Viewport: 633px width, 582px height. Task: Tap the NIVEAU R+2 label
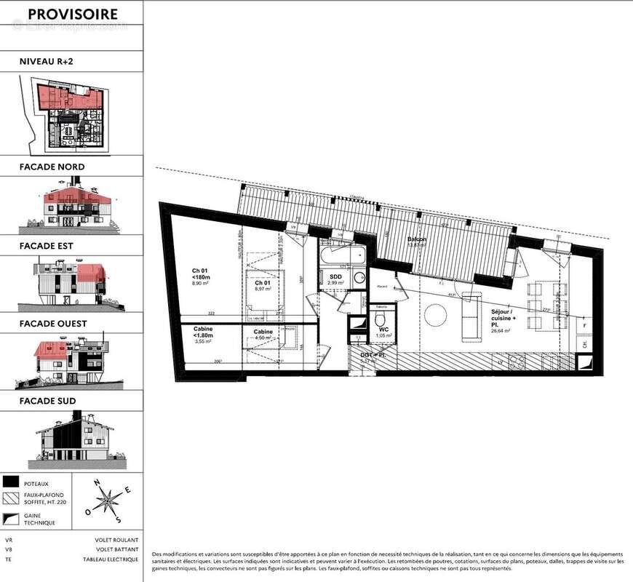click(x=47, y=63)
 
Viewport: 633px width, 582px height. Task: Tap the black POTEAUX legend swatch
click(x=11, y=482)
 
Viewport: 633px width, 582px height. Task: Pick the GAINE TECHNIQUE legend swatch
click(x=11, y=519)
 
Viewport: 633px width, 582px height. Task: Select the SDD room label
click(x=335, y=277)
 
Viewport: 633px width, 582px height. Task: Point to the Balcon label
click(x=417, y=239)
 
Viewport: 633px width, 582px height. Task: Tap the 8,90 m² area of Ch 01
click(x=201, y=284)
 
